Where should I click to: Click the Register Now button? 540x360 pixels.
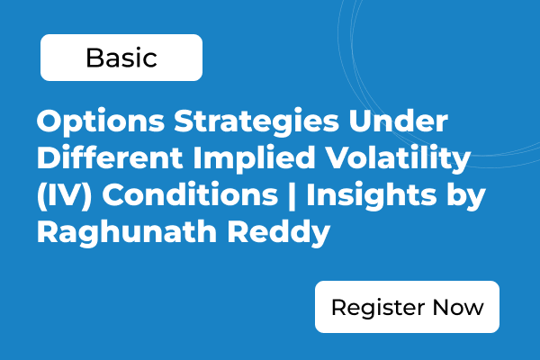tap(407, 307)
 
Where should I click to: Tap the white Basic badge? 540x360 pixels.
tap(121, 58)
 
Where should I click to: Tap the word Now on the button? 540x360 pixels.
tap(458, 307)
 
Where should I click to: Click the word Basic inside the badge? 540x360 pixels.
tap(121, 58)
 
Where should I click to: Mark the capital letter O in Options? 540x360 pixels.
tap(49, 121)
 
